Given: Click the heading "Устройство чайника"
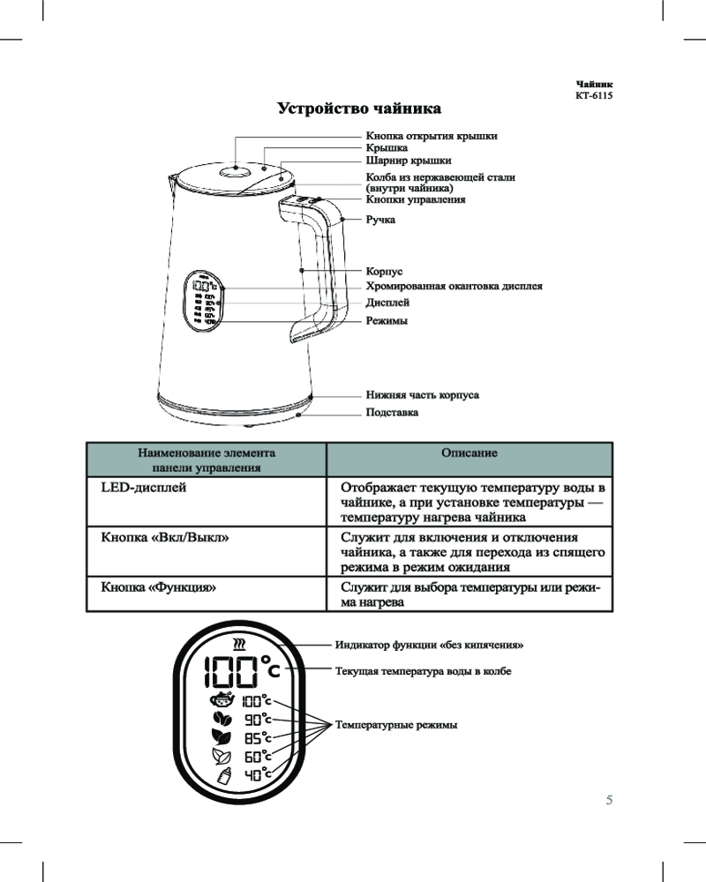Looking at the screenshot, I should (358, 109).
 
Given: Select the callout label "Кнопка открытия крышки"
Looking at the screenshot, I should (432, 136).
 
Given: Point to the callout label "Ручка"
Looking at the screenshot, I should (380, 220).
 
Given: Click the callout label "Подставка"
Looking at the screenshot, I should (392, 412).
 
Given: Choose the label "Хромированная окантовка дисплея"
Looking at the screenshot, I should (454, 287).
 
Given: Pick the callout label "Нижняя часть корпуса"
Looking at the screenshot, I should (422, 395).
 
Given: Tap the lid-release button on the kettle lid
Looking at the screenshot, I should (235, 172).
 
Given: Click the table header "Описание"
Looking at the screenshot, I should (469, 452).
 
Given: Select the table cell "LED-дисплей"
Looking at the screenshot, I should (143, 487).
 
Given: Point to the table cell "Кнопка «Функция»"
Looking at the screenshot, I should (158, 586).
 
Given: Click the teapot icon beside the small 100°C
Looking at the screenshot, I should (223, 700).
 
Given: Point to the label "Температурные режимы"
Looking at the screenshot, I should (396, 725).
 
